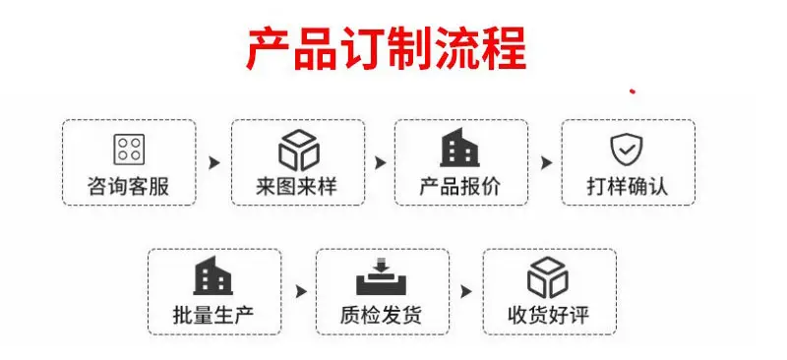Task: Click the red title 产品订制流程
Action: point(387,49)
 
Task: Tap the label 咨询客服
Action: point(129,186)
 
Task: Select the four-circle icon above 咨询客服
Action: point(129,150)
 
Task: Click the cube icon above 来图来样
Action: point(299,150)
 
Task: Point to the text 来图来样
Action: point(297,186)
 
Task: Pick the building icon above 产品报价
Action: point(459,148)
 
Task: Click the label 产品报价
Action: point(460,186)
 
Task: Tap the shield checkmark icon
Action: point(627,150)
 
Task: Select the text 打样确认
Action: point(628,186)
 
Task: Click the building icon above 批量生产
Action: point(213,275)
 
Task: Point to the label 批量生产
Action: point(213,315)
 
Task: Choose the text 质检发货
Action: point(381,315)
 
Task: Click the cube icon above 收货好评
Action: point(548,277)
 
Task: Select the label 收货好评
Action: point(549,315)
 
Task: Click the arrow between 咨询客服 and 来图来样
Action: point(214,162)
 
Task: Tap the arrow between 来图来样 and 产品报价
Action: point(381,162)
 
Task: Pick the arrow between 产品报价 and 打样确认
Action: point(546,162)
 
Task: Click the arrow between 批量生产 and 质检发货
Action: point(301,292)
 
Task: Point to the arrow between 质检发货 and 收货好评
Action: point(466,292)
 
